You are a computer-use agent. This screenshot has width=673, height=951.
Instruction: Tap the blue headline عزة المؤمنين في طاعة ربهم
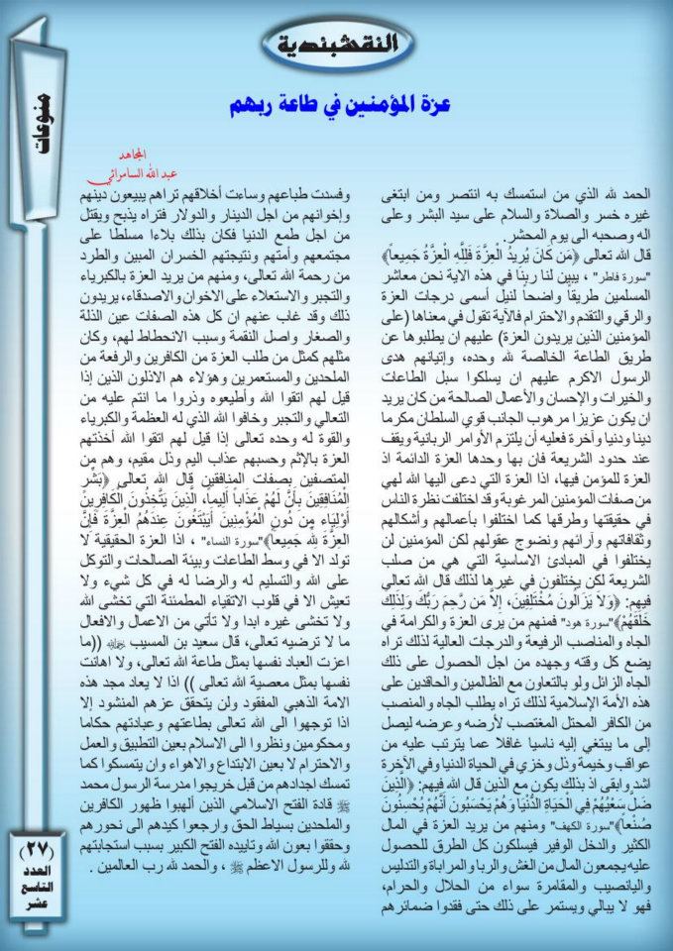337,103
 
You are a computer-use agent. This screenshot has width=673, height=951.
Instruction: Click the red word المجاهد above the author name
145,157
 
